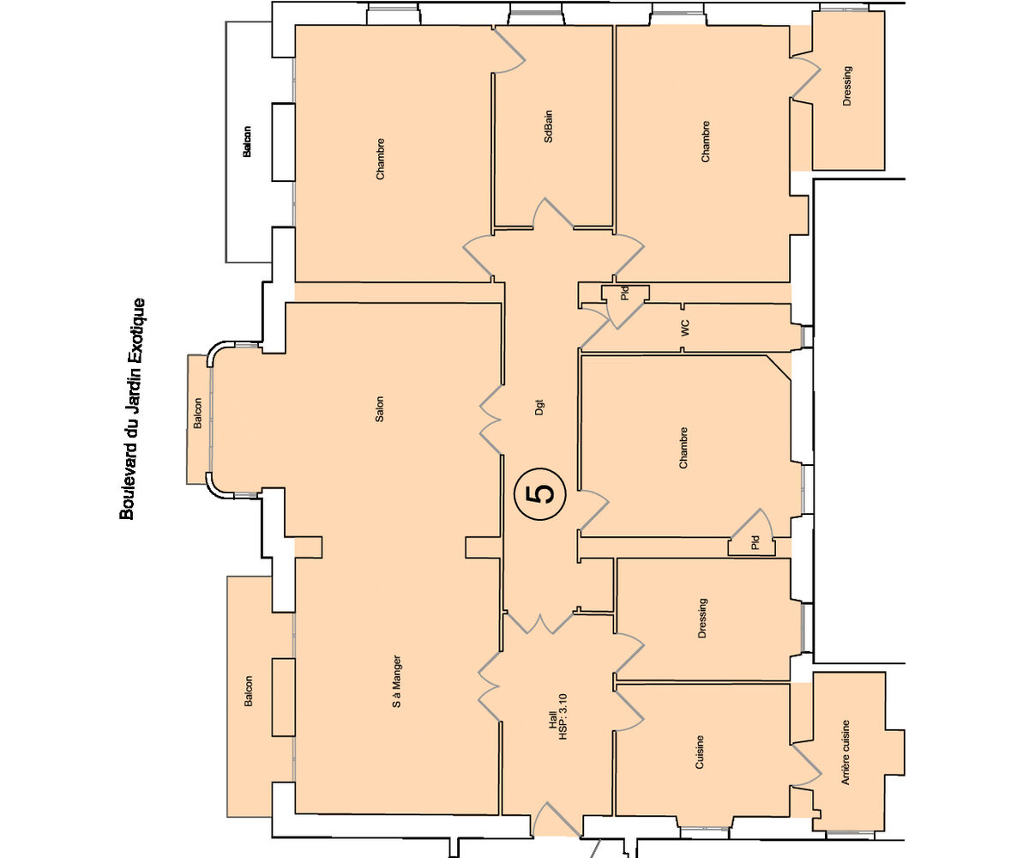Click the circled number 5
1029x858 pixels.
(x=539, y=493)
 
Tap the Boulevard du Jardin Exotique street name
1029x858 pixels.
(x=133, y=408)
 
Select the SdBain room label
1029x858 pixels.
(x=548, y=126)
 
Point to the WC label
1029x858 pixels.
(x=685, y=328)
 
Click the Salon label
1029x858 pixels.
(x=379, y=409)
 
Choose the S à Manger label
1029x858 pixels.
(x=397, y=681)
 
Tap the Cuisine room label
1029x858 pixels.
(x=700, y=752)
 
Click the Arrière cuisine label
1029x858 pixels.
(x=845, y=752)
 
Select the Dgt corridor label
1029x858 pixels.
(x=539, y=408)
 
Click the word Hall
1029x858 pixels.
(x=552, y=718)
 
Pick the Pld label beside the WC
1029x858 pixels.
(x=625, y=293)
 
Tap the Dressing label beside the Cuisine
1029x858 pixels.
(x=702, y=619)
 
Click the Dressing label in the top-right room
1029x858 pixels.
(x=846, y=86)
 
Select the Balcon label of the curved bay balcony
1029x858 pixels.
(x=197, y=414)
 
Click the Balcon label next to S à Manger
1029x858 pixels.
(x=248, y=691)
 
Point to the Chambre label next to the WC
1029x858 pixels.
(x=683, y=448)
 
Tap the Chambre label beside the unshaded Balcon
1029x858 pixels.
(x=380, y=159)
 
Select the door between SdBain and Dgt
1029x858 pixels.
(x=553, y=214)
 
